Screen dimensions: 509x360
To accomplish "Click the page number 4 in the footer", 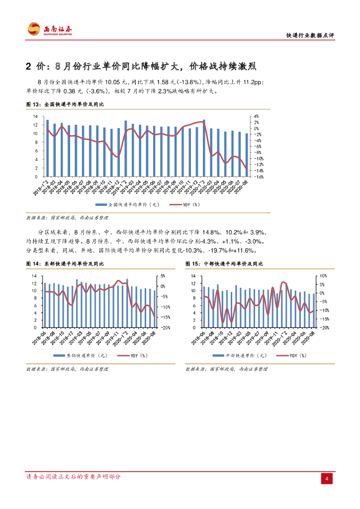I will coord(327,479).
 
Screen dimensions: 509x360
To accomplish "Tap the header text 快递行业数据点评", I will coord(310,36).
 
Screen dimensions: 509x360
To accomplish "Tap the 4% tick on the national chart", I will coord(257,117).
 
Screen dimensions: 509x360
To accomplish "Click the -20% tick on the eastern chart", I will coord(165,328).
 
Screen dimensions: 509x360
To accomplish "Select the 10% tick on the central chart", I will coord(322,276).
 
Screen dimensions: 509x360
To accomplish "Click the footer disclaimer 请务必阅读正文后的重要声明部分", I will coord(73,477).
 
